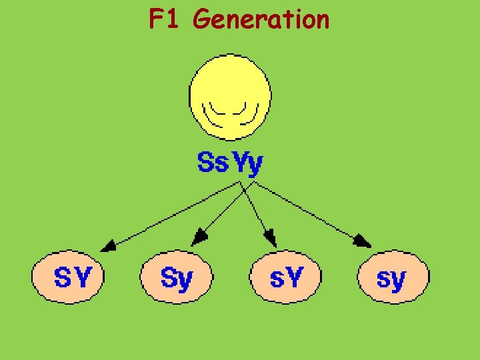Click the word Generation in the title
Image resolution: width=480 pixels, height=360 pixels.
261,20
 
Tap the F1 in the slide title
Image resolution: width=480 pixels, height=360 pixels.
165,20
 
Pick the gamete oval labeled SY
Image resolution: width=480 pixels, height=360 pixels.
69,277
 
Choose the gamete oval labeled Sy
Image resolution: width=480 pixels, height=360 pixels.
177,277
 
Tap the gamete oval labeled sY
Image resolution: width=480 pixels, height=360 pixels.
285,277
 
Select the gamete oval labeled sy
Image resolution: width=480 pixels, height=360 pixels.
393,277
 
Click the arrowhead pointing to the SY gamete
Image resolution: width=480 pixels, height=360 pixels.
109,245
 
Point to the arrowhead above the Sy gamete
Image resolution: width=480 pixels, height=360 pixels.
197,237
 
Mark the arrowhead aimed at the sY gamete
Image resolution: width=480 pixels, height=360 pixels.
270,238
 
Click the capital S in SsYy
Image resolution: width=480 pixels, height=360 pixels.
205,162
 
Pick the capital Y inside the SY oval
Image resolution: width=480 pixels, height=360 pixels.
81,277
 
